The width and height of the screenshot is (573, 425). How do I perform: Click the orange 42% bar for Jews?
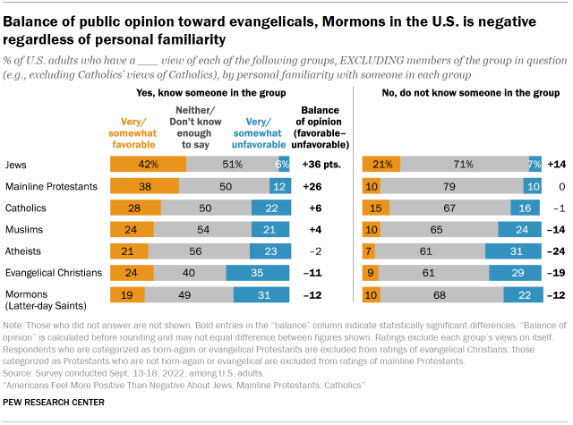coord(148,165)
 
